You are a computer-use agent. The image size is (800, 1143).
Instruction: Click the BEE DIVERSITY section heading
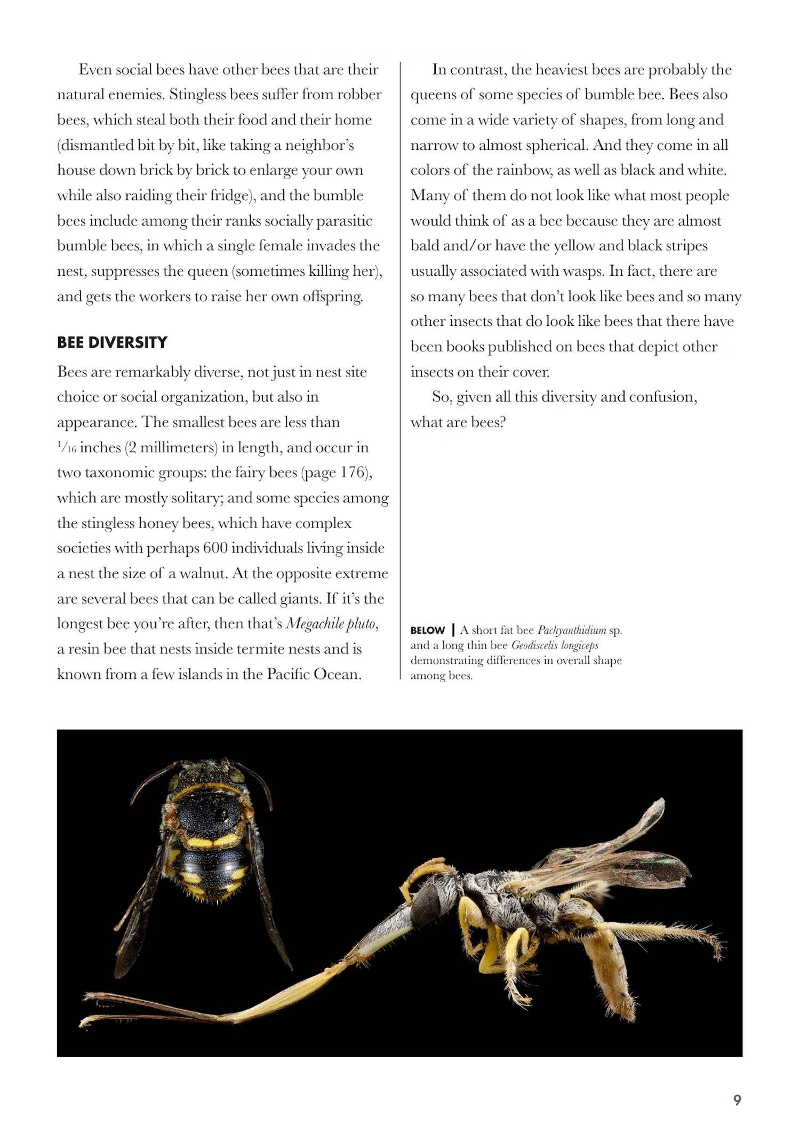(x=112, y=342)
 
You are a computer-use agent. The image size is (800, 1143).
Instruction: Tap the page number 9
(x=737, y=1100)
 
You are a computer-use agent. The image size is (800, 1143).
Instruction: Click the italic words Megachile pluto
(x=331, y=624)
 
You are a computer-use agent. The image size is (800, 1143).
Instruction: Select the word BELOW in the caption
(x=427, y=630)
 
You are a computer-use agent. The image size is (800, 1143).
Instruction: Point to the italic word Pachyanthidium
(x=571, y=630)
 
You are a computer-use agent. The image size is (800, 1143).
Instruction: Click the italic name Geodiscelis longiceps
(x=555, y=645)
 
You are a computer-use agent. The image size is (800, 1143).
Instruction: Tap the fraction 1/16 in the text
(x=67, y=448)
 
